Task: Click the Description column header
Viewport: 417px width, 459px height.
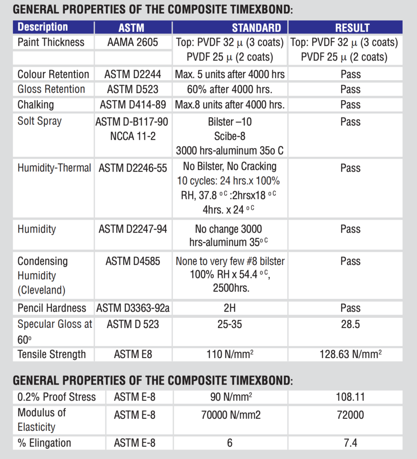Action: pyautogui.click(x=43, y=27)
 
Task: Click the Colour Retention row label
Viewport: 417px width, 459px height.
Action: pyautogui.click(x=53, y=74)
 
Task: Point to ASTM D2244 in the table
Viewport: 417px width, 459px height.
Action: pyautogui.click(x=132, y=74)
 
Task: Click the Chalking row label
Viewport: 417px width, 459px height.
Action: pyautogui.click(x=35, y=104)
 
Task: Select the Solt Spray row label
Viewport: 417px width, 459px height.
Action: pyautogui.click(x=40, y=121)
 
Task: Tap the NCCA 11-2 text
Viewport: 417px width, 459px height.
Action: pyautogui.click(x=133, y=136)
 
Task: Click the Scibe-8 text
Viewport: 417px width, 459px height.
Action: pyautogui.click(x=230, y=136)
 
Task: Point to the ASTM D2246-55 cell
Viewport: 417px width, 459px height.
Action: pyautogui.click(x=133, y=168)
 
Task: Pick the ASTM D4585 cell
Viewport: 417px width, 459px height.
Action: pyautogui.click(x=133, y=261)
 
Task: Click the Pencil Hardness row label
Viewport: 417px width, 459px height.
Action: pyautogui.click(x=52, y=308)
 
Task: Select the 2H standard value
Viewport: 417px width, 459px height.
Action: pyautogui.click(x=230, y=308)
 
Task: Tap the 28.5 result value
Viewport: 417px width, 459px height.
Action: pyautogui.click(x=351, y=324)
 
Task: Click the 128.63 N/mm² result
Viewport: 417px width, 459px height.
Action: pyautogui.click(x=351, y=354)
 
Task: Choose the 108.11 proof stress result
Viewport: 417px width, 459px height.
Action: pyautogui.click(x=351, y=397)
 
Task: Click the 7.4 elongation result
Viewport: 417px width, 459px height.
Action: pyautogui.click(x=351, y=443)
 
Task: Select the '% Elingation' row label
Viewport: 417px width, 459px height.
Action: pyautogui.click(x=44, y=443)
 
